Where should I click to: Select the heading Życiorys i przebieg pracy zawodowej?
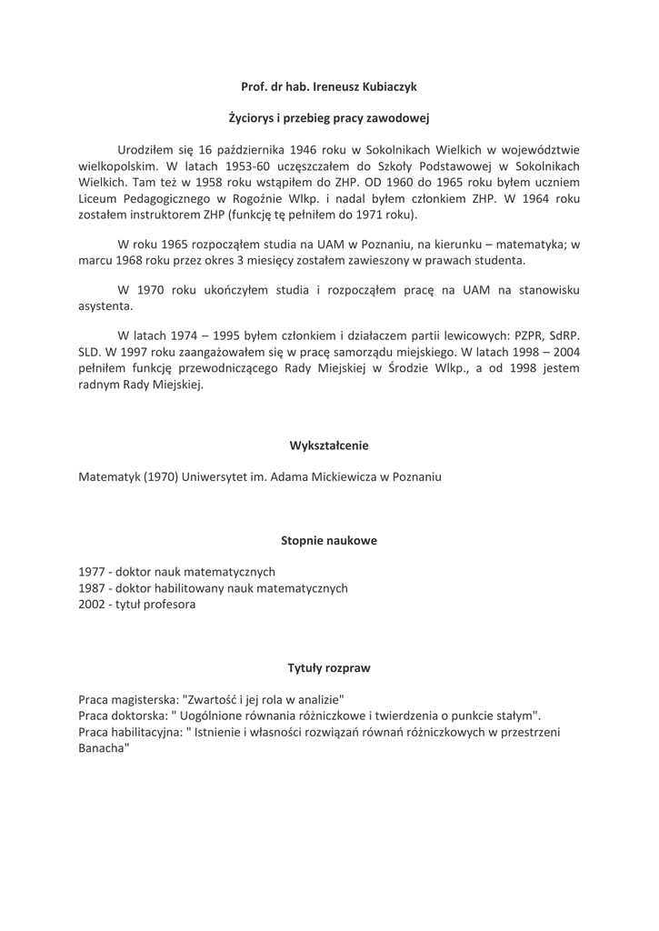328,118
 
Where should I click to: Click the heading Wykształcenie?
329,445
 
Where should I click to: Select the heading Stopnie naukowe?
329,540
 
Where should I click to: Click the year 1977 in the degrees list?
92,573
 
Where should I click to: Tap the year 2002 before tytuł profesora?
92,604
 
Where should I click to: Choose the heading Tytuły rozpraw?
329,667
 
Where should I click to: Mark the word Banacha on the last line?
103,747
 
